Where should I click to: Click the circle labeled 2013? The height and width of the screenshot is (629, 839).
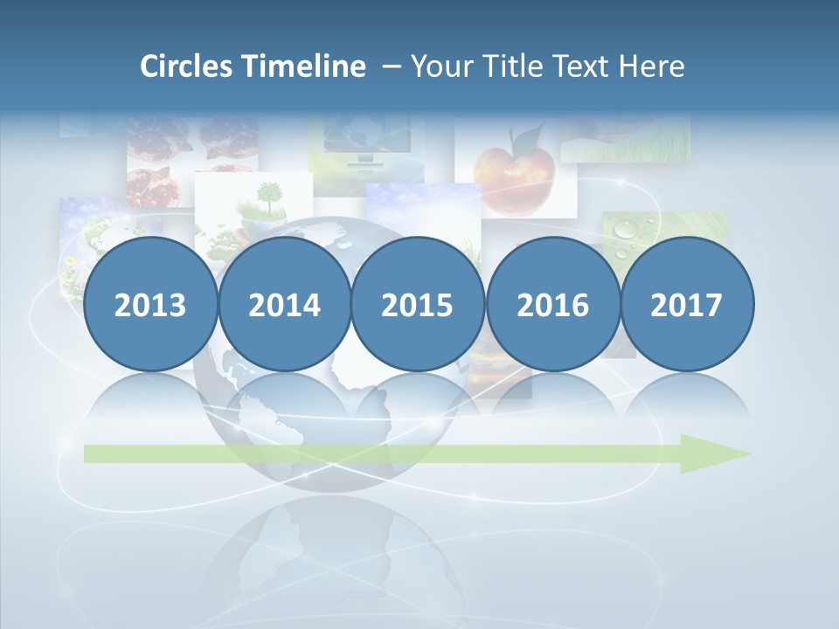coord(150,305)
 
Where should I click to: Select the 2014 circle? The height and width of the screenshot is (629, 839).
coord(285,305)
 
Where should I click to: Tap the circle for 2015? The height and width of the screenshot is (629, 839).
coord(418,305)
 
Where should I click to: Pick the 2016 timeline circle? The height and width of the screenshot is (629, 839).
coord(552,305)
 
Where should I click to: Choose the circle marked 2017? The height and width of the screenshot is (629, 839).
coord(687,305)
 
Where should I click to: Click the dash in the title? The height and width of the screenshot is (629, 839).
coord(391,66)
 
